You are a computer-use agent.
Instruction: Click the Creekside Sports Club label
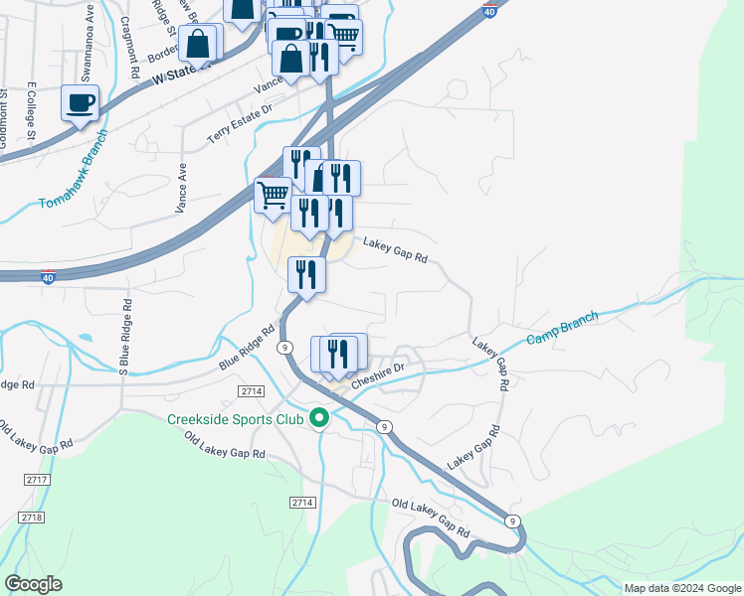(x=236, y=418)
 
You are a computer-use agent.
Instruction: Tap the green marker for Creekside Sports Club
(x=319, y=418)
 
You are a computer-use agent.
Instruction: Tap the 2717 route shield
(x=37, y=480)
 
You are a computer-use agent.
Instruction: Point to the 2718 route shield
(x=32, y=518)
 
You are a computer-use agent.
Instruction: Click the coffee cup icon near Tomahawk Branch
(x=80, y=101)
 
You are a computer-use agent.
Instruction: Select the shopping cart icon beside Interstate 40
(x=274, y=193)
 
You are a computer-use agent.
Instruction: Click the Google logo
(x=33, y=584)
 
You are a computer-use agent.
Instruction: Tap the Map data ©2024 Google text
(x=682, y=588)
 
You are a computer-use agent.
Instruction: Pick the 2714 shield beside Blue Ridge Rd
(x=253, y=392)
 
